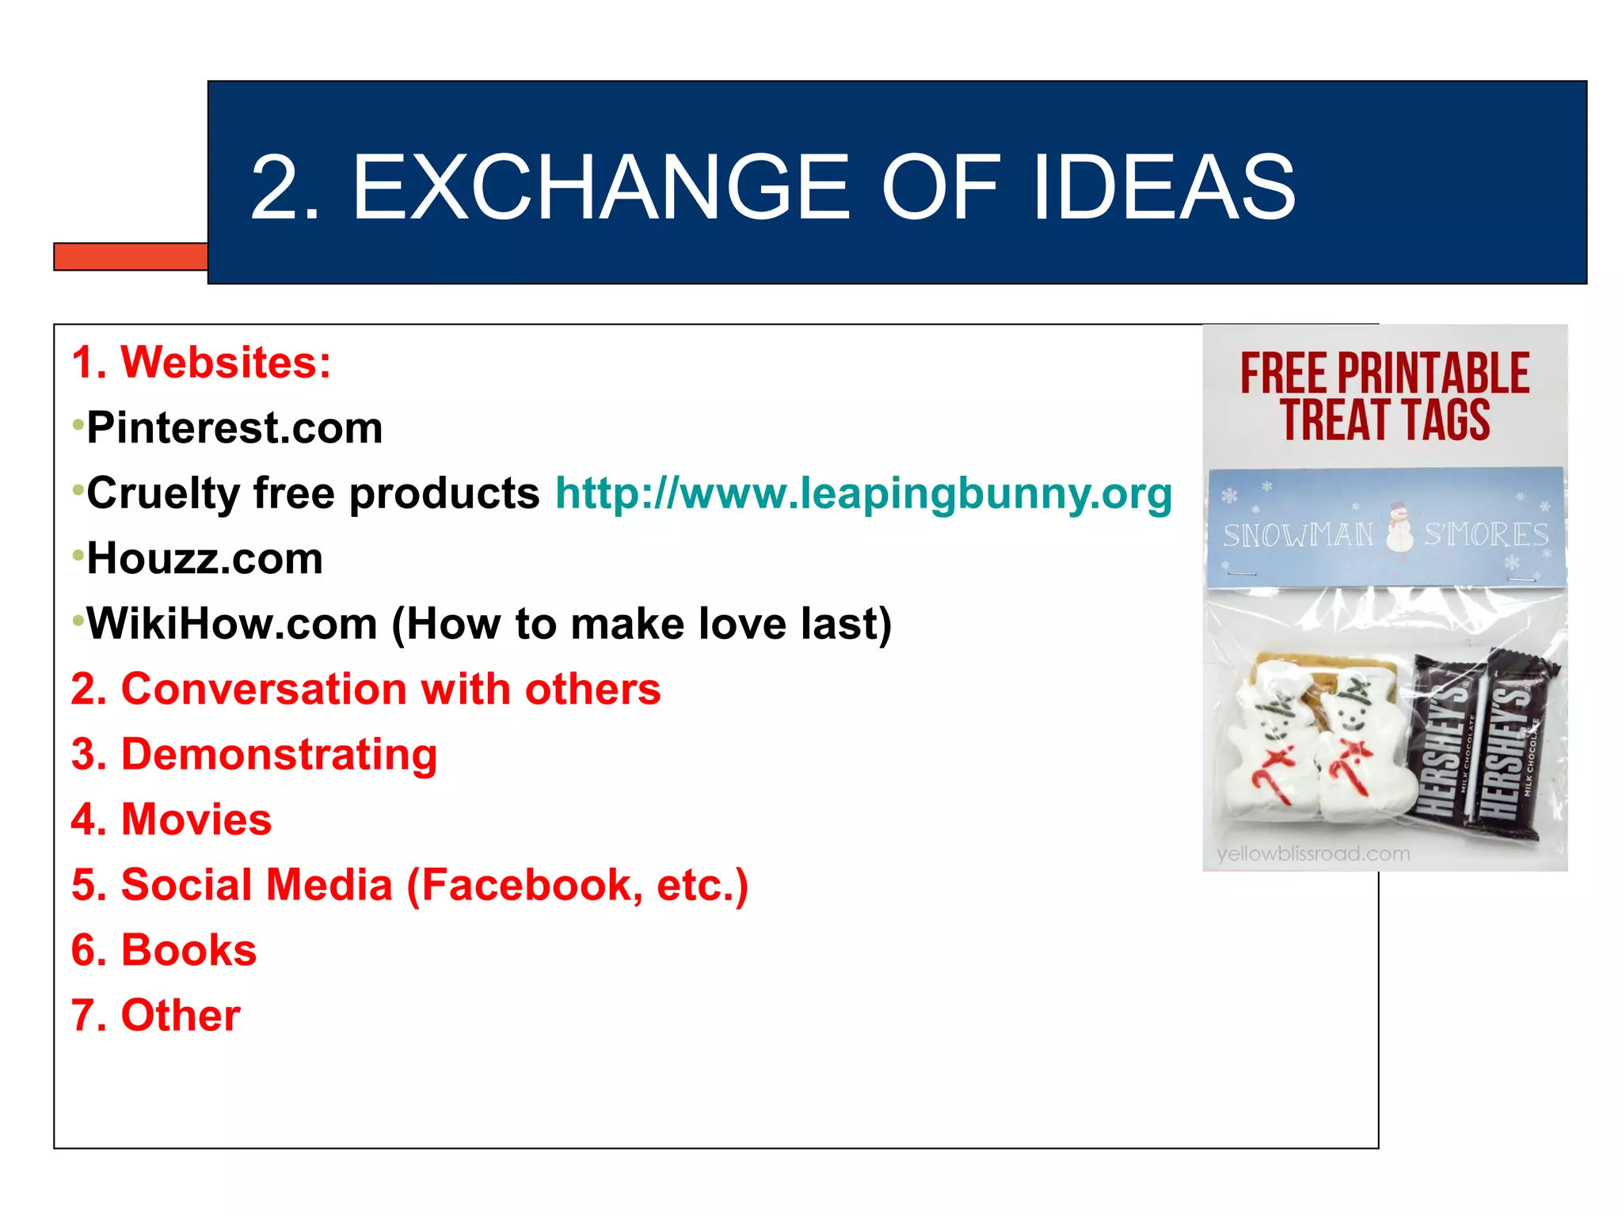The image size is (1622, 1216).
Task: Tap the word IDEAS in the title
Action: coord(1164,188)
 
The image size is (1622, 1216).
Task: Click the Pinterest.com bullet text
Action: coord(234,428)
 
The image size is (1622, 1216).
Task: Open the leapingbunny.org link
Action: coord(863,493)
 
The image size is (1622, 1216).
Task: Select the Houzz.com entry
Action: coord(205,559)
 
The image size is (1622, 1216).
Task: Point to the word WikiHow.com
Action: coord(232,624)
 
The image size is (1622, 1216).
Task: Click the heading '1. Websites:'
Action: coord(201,363)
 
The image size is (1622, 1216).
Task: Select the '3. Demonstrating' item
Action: coord(254,754)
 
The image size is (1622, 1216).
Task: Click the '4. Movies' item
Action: coord(172,819)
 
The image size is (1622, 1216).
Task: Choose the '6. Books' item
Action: coord(164,950)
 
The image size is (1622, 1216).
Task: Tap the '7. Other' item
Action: coord(156,1016)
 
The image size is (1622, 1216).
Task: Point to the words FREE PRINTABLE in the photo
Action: coord(1384,374)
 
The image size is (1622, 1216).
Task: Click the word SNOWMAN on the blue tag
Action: coord(1298,536)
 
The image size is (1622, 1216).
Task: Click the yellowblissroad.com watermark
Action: coord(1313,854)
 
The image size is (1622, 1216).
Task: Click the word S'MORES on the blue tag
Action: coord(1486,535)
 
